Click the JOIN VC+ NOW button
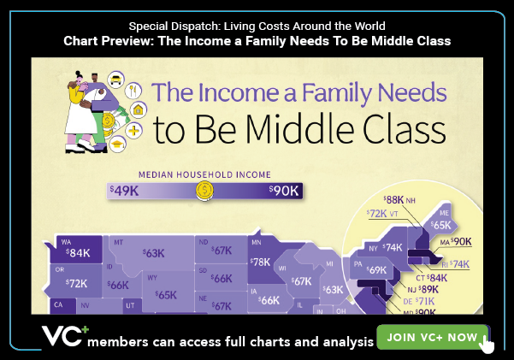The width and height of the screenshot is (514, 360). point(433,337)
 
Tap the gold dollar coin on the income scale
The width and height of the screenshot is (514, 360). point(205,191)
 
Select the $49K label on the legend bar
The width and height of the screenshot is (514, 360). point(124,191)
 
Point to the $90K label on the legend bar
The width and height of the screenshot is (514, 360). point(284,191)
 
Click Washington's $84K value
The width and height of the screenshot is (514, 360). point(78,253)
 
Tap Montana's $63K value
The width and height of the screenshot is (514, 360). point(153,253)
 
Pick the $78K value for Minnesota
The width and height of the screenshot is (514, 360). point(260,262)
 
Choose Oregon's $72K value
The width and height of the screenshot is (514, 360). point(76,283)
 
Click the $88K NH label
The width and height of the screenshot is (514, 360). point(399,200)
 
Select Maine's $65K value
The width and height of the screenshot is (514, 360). point(441,225)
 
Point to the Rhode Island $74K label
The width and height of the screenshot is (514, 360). point(455,264)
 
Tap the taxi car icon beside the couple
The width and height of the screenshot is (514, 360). point(115,80)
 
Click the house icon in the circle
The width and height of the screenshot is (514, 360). point(138,109)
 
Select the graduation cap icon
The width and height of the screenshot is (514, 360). point(117,145)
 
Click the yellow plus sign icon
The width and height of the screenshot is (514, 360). point(133,131)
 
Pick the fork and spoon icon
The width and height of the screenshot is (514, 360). point(133,90)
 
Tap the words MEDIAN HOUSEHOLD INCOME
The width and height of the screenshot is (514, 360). point(204,174)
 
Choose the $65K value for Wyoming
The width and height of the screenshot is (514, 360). point(166,295)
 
